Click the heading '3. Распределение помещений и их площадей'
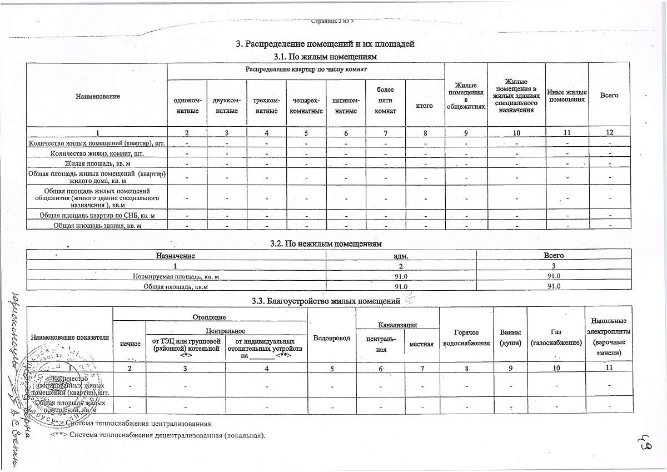pos(325,44)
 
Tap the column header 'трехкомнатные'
pos(266,106)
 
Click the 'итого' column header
pos(425,106)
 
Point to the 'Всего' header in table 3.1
pos(609,95)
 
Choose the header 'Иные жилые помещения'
pos(566,95)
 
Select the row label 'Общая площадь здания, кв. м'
pos(98,225)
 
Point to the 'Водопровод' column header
pos(332,338)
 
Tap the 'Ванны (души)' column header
pos(510,337)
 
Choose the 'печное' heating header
pos(130,344)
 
